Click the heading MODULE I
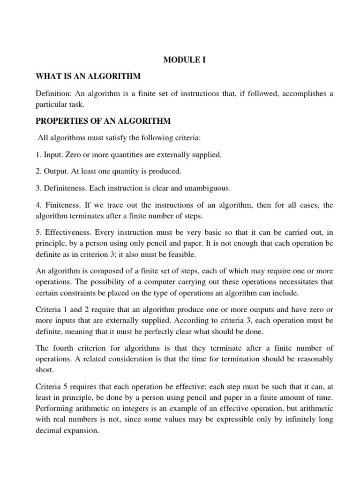point(184,60)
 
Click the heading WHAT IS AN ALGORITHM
point(89,76)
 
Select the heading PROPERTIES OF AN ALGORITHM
point(104,121)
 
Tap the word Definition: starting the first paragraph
point(53,93)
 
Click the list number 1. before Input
point(39,154)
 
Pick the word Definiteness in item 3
point(65,188)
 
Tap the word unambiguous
point(207,188)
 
